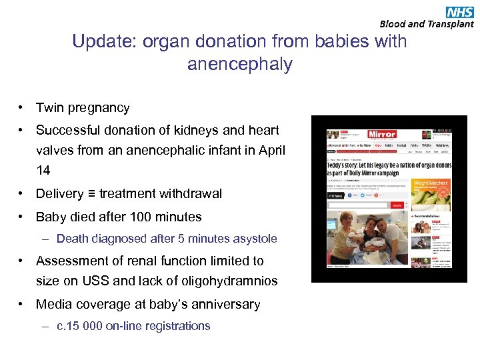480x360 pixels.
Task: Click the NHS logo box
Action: click(460, 11)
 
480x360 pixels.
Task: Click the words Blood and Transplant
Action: click(427, 24)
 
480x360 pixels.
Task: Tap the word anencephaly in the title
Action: click(240, 64)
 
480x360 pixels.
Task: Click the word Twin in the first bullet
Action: click(50, 107)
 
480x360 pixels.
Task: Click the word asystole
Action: click(254, 239)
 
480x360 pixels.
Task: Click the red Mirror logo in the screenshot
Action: click(382, 134)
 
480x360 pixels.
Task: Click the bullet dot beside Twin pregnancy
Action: click(22, 107)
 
